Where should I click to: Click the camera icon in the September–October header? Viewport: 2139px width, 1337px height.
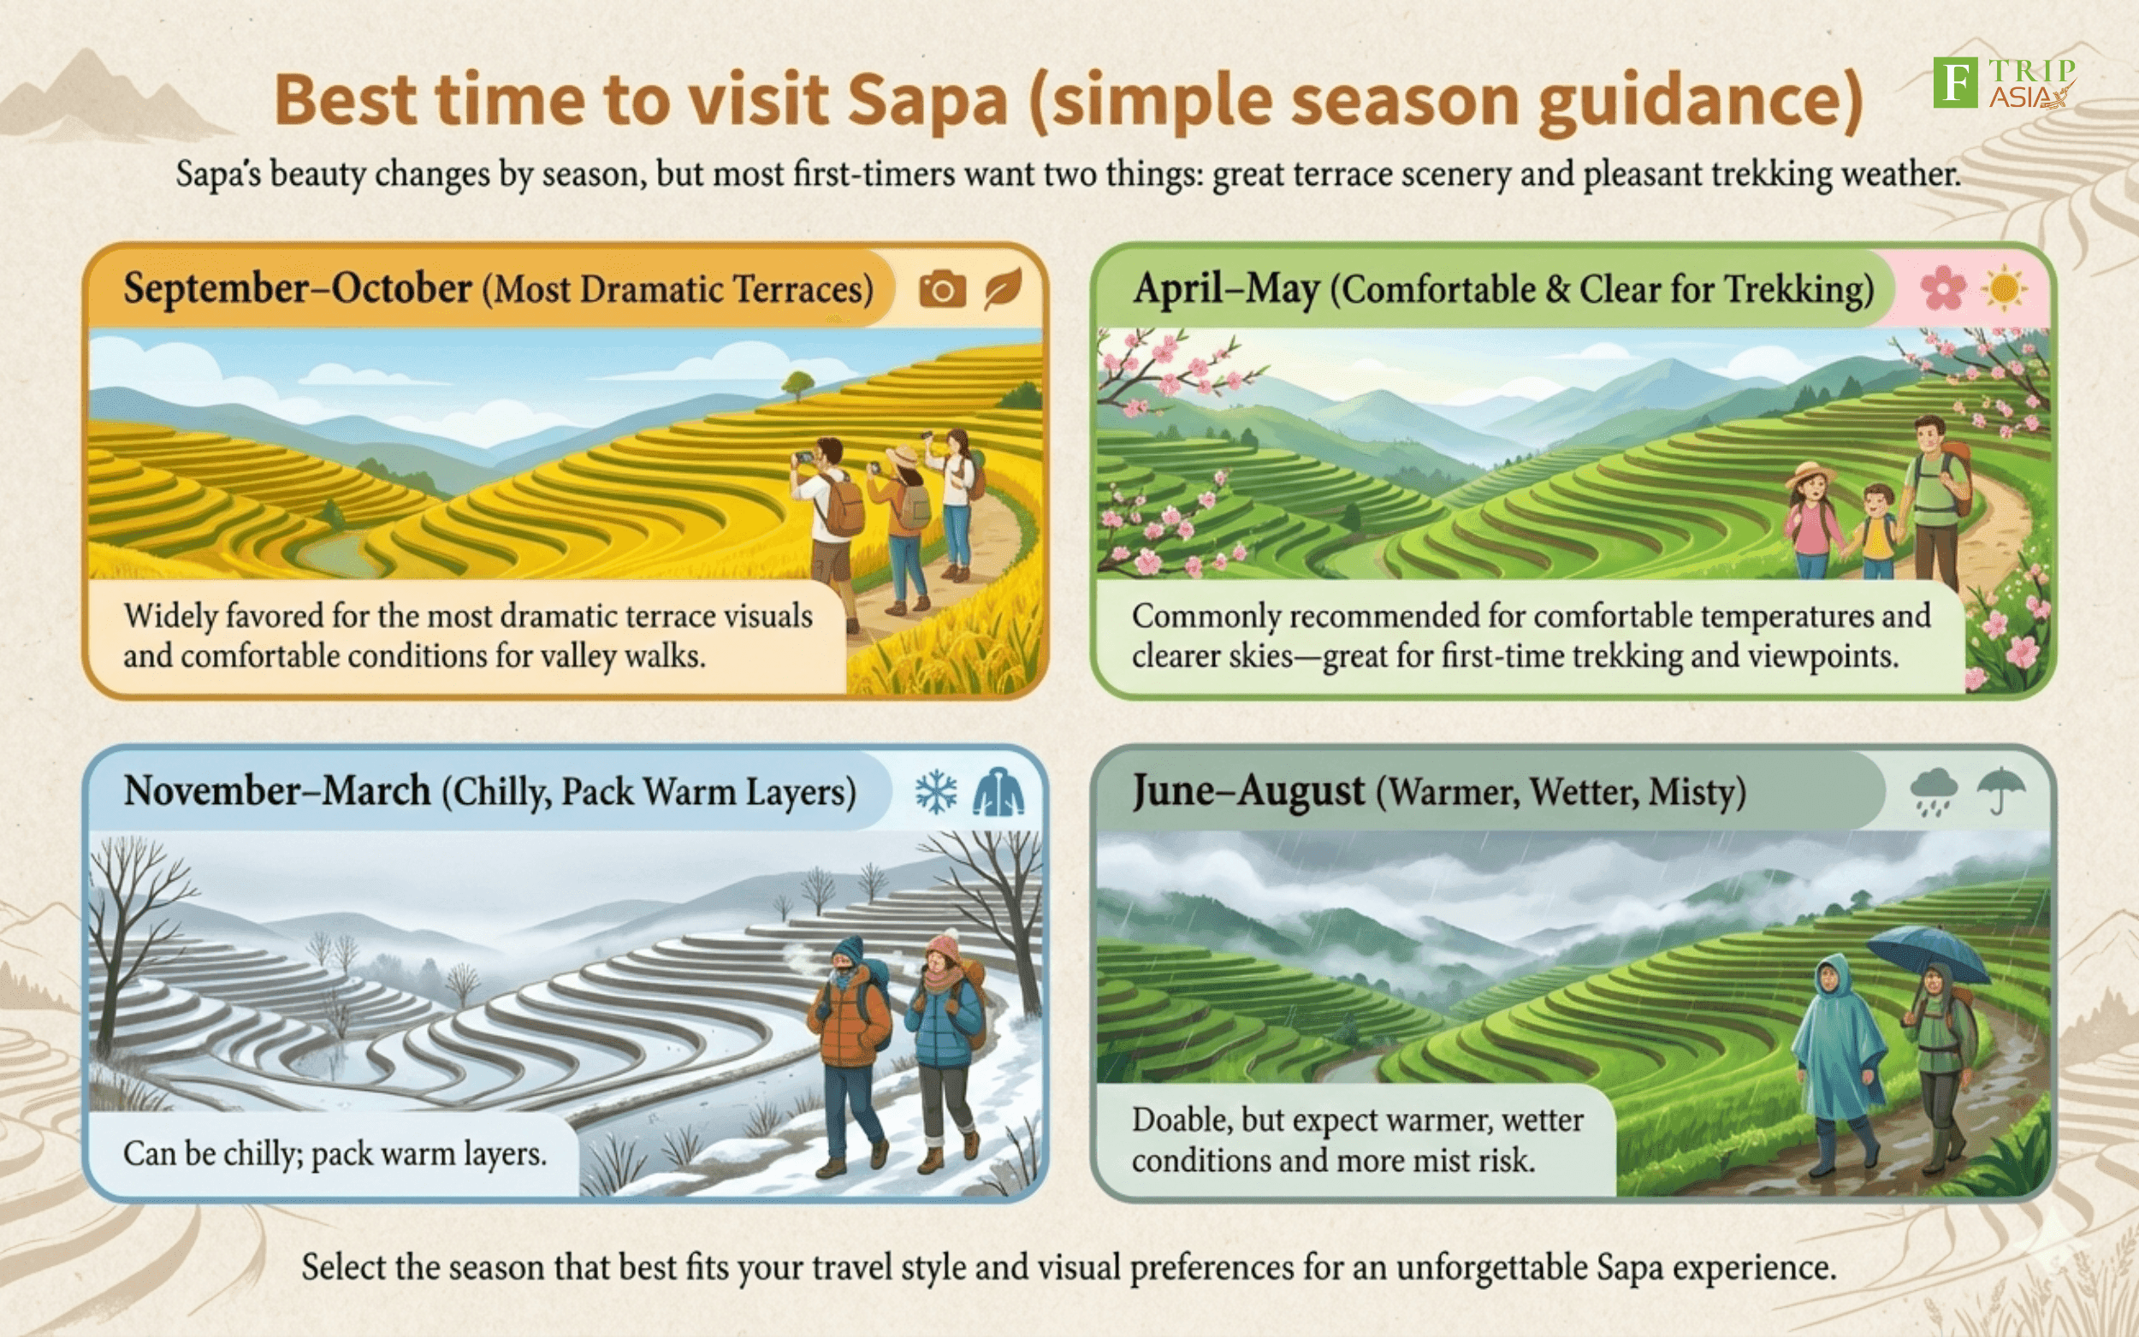[x=942, y=289]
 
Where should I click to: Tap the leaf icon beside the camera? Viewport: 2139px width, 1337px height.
[x=1004, y=288]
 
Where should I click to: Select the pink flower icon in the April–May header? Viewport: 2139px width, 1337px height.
[x=1944, y=288]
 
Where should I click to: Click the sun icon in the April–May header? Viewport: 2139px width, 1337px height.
[x=2005, y=288]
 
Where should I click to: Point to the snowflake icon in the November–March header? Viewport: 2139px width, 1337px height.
[x=936, y=791]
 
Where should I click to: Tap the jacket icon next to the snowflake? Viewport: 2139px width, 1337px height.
[x=999, y=791]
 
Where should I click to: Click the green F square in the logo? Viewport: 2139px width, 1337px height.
[x=1955, y=82]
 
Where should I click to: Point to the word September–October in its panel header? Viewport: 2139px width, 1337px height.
[x=297, y=288]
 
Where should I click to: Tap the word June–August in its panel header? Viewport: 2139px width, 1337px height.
[x=1248, y=791]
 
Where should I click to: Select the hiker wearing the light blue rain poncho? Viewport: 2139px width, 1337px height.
[x=1838, y=1061]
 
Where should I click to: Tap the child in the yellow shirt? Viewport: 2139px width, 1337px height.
[x=1878, y=531]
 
